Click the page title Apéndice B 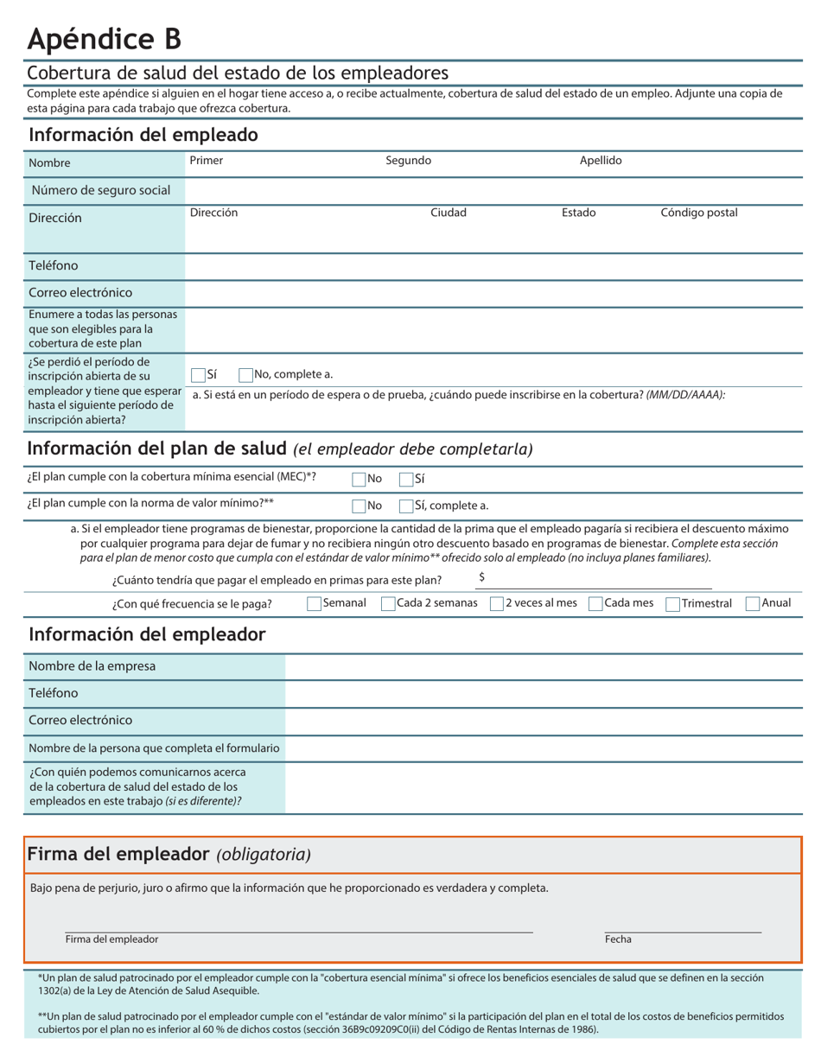(105, 38)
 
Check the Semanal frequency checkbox (315, 604)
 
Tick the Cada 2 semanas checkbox (389, 604)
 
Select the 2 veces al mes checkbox (497, 604)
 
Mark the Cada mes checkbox (595, 604)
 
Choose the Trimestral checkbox (672, 604)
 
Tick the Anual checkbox (753, 604)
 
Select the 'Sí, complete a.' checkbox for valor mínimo (406, 506)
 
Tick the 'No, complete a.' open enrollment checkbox (246, 375)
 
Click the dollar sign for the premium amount (481, 577)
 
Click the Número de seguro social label (101, 190)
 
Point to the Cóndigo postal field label (698, 213)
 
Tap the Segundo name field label (408, 161)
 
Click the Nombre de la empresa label (92, 666)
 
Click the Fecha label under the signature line (618, 939)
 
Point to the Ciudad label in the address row (449, 213)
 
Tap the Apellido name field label (601, 161)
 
